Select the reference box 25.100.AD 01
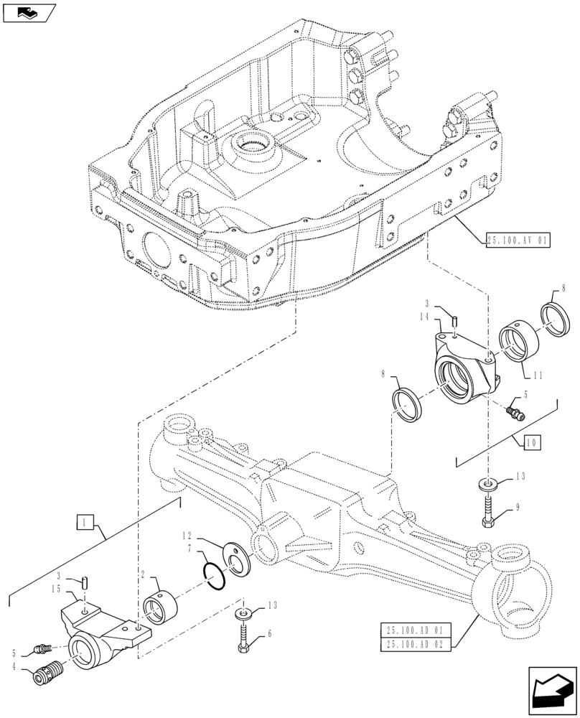click(416, 630)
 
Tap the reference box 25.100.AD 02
click(416, 644)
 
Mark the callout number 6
click(269, 634)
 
